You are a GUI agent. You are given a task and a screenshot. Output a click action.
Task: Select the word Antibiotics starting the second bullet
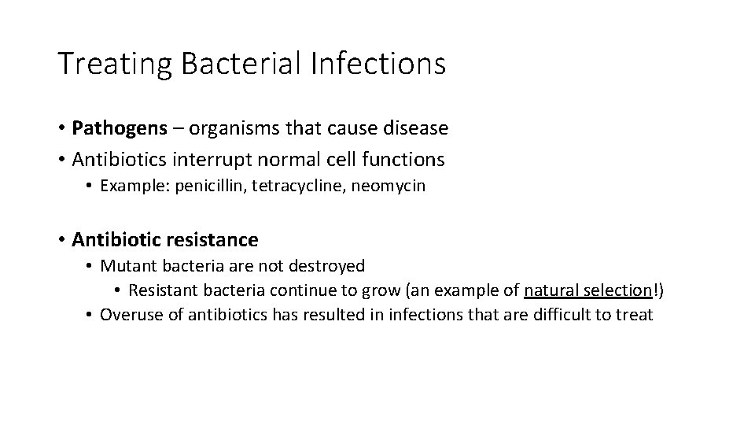point(120,160)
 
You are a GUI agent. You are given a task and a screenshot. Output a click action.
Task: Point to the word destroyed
point(331,267)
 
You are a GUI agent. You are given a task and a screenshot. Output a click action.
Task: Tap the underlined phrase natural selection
point(588,290)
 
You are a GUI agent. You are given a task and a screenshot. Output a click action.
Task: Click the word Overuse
point(130,315)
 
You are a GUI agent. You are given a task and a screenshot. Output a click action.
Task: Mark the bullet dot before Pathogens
point(61,128)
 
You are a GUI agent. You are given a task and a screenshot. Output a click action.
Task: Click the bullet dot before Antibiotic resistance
point(61,238)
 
